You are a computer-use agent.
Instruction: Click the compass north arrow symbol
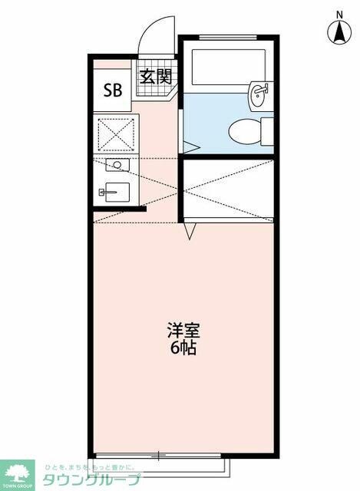pyautogui.click(x=339, y=32)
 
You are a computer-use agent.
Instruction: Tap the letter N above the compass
pyautogui.click(x=339, y=14)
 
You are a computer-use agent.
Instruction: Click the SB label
pyautogui.click(x=113, y=89)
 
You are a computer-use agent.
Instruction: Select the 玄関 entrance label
pyautogui.click(x=155, y=77)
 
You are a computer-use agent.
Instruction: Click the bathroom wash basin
pyautogui.click(x=259, y=96)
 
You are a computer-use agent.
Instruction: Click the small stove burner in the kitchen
pyautogui.click(x=117, y=165)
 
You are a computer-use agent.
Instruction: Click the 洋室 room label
pyautogui.click(x=183, y=331)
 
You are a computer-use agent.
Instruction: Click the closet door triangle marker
pyautogui.click(x=191, y=228)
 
